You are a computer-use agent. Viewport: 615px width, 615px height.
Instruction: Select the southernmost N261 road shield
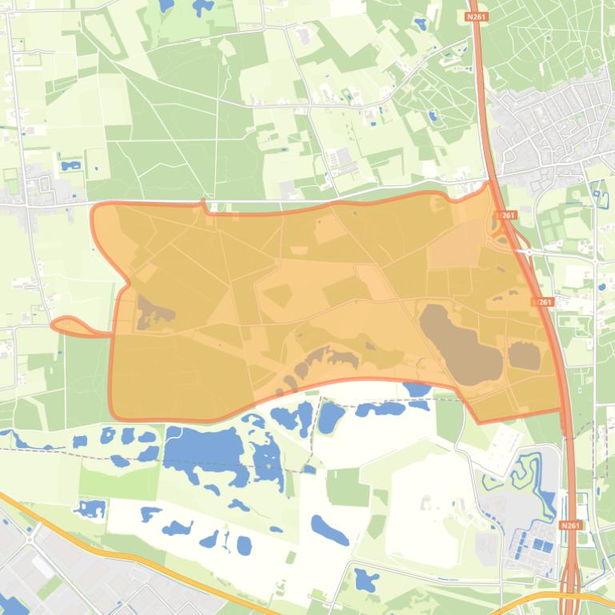click(x=570, y=525)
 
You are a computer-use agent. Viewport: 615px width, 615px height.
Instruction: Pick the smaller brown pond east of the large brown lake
click(x=524, y=355)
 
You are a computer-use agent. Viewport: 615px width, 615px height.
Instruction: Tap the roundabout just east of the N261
click(x=529, y=252)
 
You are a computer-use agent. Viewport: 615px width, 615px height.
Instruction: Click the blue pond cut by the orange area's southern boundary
click(x=417, y=389)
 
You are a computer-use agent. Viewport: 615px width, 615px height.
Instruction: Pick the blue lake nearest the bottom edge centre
click(x=365, y=579)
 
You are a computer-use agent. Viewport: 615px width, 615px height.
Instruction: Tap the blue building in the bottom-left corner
click(x=14, y=605)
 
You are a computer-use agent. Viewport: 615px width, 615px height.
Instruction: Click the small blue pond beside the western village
click(x=71, y=166)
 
